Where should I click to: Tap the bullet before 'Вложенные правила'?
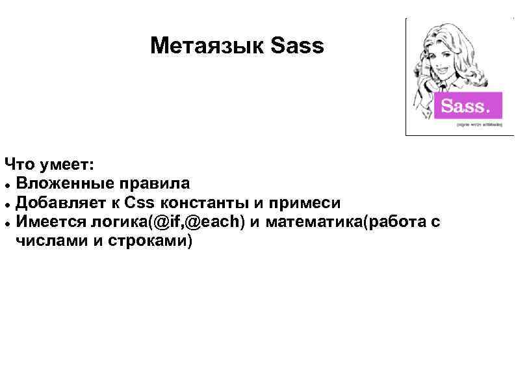[6, 182]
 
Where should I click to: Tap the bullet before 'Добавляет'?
[6, 202]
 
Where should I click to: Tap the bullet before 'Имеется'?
[6, 222]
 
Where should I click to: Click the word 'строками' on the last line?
[151, 242]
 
